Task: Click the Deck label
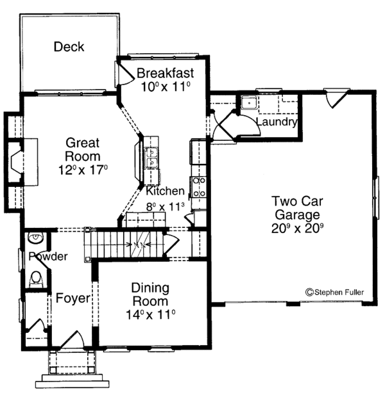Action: [69, 47]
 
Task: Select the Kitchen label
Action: [165, 191]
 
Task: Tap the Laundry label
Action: [276, 122]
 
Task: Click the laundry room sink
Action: [247, 103]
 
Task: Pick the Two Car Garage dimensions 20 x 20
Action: [291, 226]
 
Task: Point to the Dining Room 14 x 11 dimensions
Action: [151, 314]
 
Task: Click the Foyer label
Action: [71, 298]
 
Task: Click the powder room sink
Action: [37, 240]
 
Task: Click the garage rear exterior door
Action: [334, 98]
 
